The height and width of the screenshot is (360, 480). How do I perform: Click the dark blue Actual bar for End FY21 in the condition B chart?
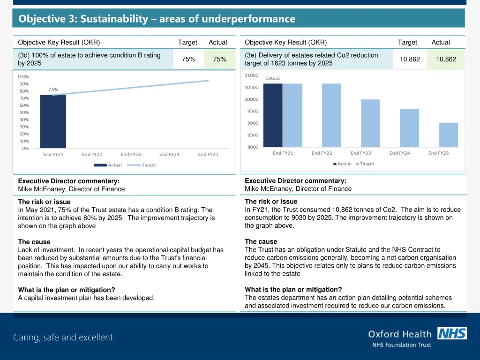point(52,121)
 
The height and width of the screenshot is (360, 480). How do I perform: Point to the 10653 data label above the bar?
point(273,78)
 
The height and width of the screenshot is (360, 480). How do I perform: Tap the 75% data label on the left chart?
point(53,89)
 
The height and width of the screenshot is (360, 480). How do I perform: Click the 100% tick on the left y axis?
point(22,77)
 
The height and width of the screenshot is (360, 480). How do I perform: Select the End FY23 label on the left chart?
point(131,154)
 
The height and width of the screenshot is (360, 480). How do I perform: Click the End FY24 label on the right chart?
point(399,153)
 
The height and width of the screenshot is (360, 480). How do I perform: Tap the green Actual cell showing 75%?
point(219,59)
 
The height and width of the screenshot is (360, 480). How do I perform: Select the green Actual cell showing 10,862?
point(446,59)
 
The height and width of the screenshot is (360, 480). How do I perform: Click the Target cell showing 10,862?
point(410,59)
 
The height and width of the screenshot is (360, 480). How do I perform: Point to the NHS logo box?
point(452,333)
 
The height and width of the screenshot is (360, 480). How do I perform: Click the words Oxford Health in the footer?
point(399,334)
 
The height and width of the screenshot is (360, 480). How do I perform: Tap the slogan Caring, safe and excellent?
point(63,337)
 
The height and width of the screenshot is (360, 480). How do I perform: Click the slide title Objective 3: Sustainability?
point(157,19)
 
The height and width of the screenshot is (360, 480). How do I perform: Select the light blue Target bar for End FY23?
point(370,123)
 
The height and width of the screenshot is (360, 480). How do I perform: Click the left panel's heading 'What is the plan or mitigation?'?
point(67,290)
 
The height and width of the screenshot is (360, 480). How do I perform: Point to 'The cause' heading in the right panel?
point(261,241)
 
